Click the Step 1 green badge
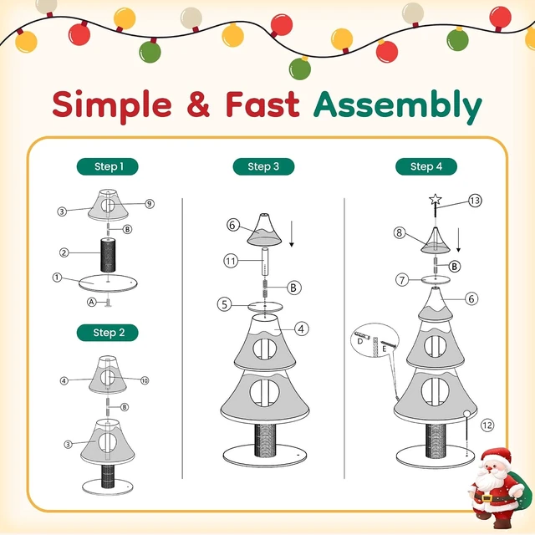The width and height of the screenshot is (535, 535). [x=108, y=166]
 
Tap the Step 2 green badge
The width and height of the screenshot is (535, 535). [x=108, y=333]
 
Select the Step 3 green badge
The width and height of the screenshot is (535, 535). [x=263, y=166]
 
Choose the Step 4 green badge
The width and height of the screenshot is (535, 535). [x=426, y=166]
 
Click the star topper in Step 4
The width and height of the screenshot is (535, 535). [x=436, y=199]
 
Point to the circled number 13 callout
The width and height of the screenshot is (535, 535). [x=475, y=201]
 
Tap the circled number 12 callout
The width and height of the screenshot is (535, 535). [x=487, y=425]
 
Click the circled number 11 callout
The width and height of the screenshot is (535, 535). [x=231, y=262]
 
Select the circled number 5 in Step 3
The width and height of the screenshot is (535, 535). [x=224, y=304]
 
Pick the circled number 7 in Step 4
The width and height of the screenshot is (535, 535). [x=402, y=280]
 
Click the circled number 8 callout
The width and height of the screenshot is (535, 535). [x=400, y=233]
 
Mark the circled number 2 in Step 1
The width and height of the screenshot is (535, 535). [x=64, y=252]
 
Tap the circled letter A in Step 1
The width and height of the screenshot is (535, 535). [x=91, y=302]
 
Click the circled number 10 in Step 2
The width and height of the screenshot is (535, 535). [x=145, y=380]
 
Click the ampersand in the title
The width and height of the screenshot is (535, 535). [x=198, y=104]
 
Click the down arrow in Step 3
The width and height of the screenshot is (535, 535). [x=292, y=234]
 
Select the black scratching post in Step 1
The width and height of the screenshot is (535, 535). [x=108, y=255]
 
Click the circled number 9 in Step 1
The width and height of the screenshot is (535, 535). [x=149, y=204]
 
